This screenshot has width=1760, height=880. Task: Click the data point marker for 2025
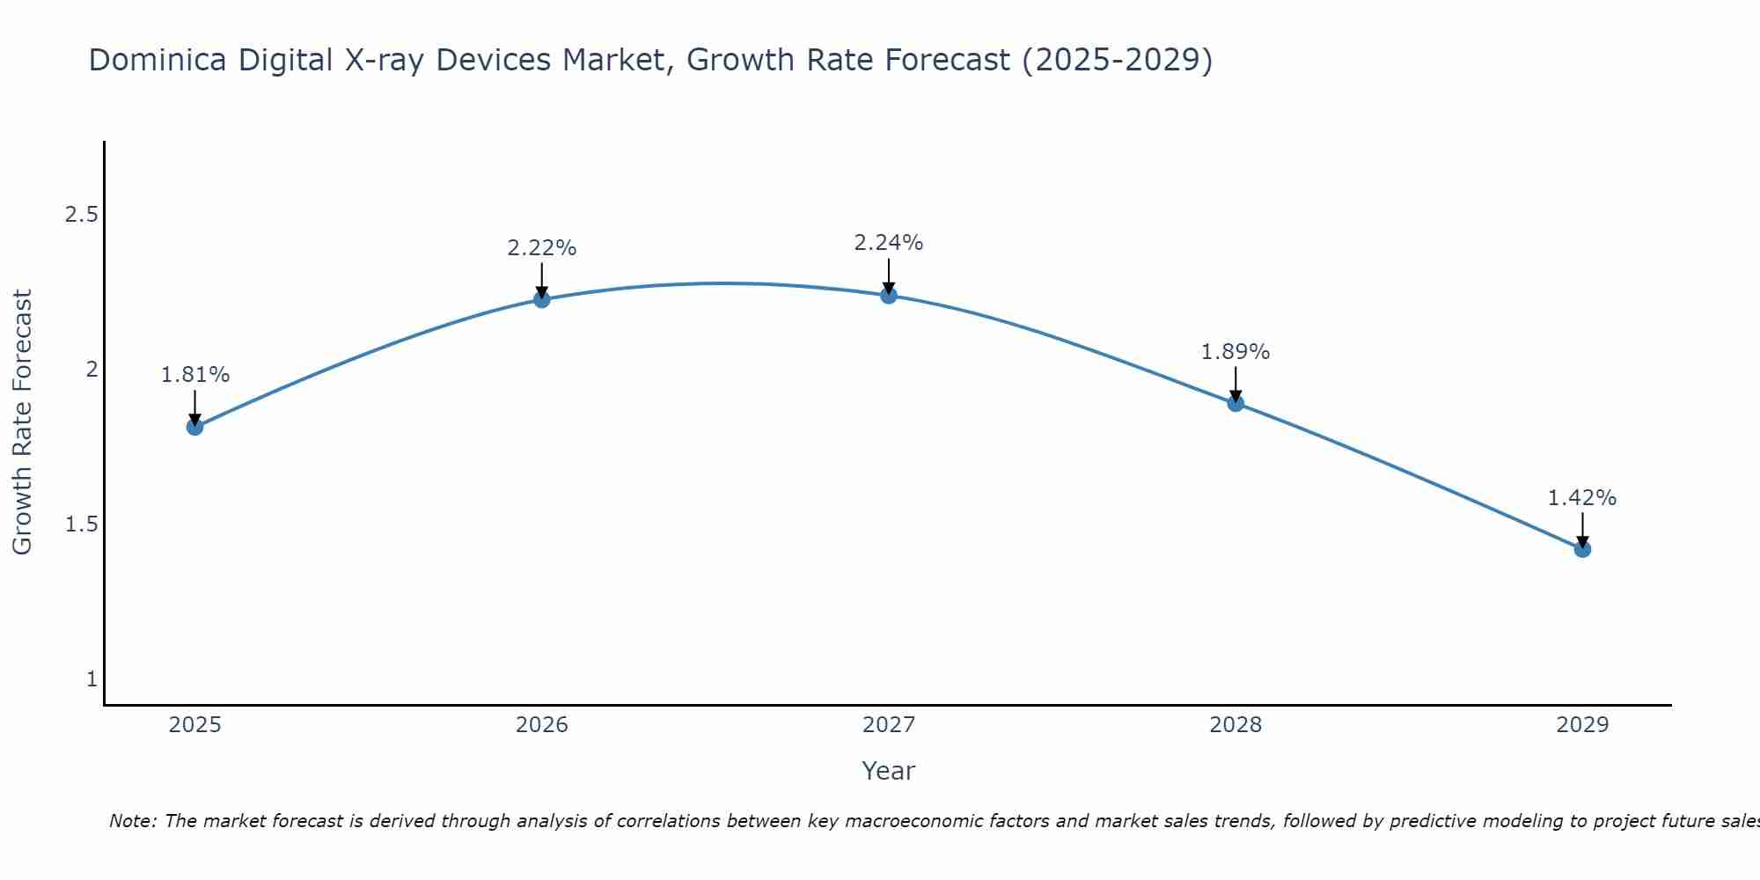point(194,427)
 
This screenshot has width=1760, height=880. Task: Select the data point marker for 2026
point(542,299)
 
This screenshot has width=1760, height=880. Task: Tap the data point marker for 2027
point(889,295)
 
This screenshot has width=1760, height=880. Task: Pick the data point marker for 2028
point(1236,403)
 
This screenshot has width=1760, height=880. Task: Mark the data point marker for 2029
point(1582,549)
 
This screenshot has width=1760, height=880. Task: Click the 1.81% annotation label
point(194,375)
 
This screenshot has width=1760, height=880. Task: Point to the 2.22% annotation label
point(542,248)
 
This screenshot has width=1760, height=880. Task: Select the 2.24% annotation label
point(889,243)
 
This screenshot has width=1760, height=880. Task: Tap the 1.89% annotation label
point(1236,352)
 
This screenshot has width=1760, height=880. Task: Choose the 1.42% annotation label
point(1582,498)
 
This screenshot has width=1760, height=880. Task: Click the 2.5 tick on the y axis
point(81,215)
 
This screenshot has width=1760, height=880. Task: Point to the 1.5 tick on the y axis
point(81,524)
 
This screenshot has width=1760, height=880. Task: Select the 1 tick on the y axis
point(92,679)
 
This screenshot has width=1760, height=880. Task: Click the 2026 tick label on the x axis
point(542,725)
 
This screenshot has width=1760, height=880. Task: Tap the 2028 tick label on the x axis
point(1236,725)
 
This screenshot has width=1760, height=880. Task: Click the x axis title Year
point(889,771)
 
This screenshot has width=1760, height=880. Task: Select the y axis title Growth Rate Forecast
point(22,422)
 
